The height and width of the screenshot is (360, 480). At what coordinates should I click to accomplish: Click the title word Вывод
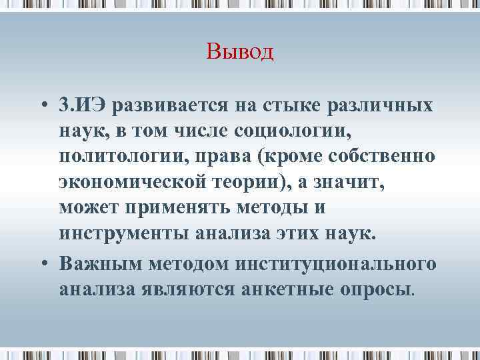[240, 51]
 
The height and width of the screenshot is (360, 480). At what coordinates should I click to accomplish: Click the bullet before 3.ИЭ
[42, 106]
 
